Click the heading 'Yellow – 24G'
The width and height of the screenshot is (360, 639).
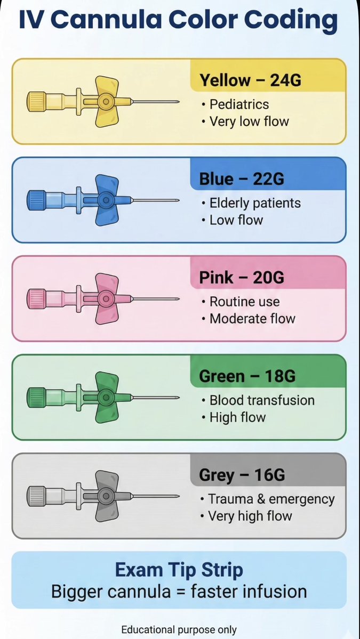(x=250, y=80)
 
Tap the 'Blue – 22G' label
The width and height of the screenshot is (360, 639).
(x=242, y=179)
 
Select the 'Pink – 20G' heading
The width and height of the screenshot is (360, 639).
(x=242, y=278)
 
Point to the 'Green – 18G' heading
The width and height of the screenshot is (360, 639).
(x=247, y=376)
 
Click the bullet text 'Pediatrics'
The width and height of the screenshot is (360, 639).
(x=239, y=104)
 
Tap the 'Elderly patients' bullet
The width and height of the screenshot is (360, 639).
(x=255, y=203)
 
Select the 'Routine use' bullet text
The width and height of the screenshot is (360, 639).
(x=244, y=302)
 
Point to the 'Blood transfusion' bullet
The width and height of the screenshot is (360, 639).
(x=262, y=400)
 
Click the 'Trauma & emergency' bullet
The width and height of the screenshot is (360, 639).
(x=271, y=499)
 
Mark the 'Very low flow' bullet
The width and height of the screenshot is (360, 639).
(x=249, y=121)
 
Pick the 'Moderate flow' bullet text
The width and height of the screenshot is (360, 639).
(x=252, y=319)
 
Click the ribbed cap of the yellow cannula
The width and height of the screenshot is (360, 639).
(x=36, y=101)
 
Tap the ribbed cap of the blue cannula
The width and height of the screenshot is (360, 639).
(x=36, y=200)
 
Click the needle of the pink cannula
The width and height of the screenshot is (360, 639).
(x=155, y=298)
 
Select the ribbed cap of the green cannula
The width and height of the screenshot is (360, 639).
(x=36, y=397)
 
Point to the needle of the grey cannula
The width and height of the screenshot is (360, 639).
(x=155, y=496)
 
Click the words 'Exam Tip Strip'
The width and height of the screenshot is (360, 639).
(x=179, y=570)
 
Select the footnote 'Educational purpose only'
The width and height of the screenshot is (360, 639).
(x=179, y=629)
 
